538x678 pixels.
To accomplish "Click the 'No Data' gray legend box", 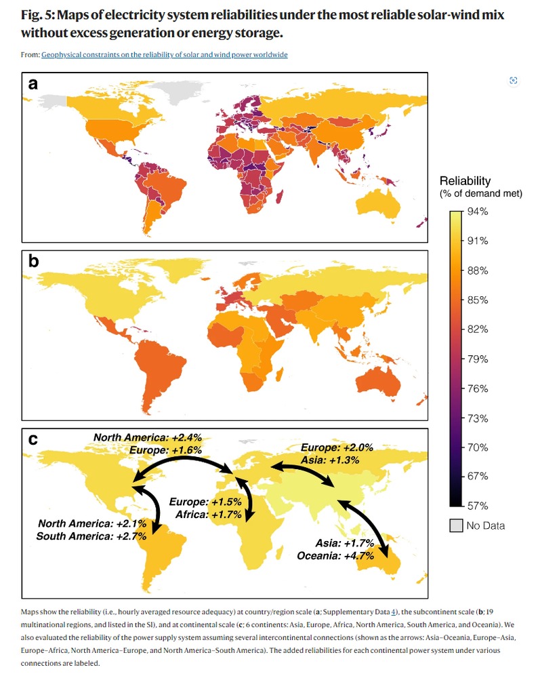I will click(x=457, y=525).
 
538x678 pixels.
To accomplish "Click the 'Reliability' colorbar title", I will click(x=465, y=181).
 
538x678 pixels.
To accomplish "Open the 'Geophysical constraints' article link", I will click(x=165, y=55).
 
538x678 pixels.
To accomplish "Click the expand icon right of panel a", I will click(x=513, y=81).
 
